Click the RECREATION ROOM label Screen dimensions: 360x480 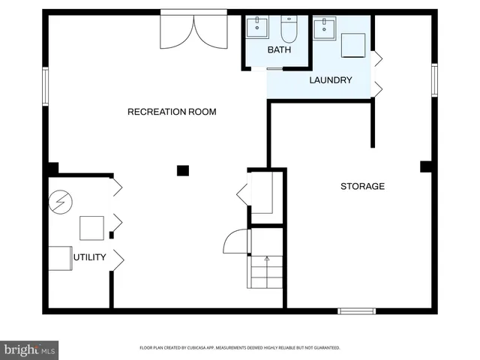pos(172,112)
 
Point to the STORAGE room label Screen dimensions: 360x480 pos(362,186)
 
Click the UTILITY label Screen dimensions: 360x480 pos(90,258)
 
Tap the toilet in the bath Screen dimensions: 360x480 pos(289,29)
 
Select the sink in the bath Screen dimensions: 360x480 pos(259,28)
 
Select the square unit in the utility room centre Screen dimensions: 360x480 pos(92,226)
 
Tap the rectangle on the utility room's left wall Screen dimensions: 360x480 pos(60,257)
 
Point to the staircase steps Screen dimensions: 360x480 pos(266,271)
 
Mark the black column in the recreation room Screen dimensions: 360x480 pos(182,170)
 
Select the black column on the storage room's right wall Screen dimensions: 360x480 pos(425,166)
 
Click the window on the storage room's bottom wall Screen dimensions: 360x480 pos(356,310)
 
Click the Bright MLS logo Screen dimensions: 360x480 pos(30,349)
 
